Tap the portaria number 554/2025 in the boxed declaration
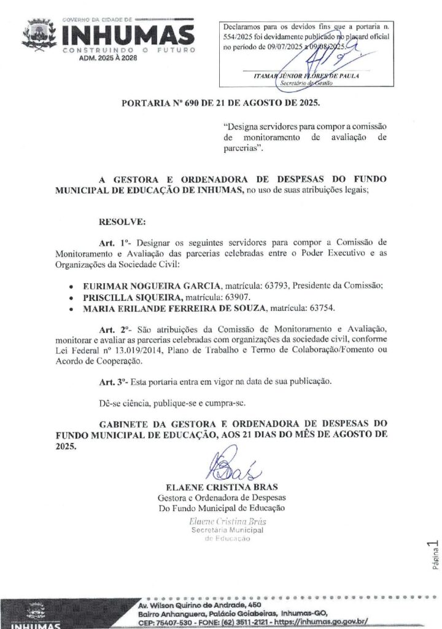pyautogui.click(x=237, y=37)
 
